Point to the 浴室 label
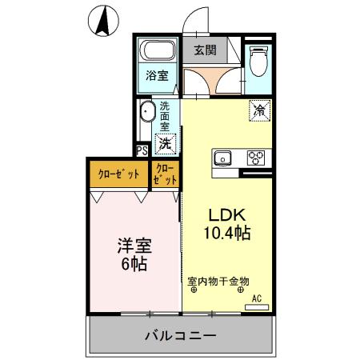pos(157,76)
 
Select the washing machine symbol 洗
pos(165,144)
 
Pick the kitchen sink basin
pos(222,157)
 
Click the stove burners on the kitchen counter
pos(257,157)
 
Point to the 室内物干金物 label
pos(218,281)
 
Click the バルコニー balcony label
pos(180,337)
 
